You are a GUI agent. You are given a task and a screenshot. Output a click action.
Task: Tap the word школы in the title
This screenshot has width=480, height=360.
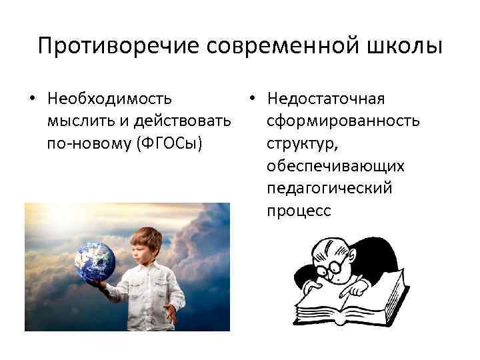point(406,47)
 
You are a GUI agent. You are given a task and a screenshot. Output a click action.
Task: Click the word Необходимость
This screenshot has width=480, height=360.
point(110,99)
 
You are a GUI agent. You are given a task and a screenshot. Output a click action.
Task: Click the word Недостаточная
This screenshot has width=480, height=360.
point(326,99)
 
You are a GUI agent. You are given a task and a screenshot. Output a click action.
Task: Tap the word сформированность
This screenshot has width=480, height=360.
point(343,121)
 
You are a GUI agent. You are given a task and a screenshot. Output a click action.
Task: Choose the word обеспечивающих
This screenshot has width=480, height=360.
point(336,167)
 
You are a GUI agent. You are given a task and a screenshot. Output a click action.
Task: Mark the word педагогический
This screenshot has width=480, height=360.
point(330,189)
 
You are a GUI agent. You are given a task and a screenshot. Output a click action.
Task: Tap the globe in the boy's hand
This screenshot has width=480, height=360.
point(95,261)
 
